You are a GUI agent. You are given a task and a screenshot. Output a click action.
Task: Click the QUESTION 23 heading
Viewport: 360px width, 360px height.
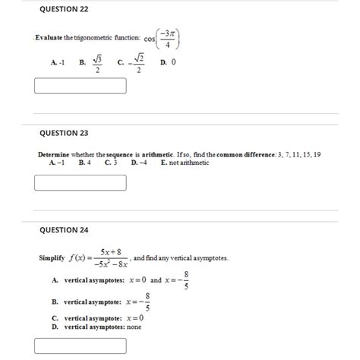tap(64, 132)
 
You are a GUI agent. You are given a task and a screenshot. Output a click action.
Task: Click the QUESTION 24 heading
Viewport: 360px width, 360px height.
tap(64, 229)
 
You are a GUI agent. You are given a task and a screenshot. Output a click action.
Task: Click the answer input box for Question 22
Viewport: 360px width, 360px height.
tap(81, 84)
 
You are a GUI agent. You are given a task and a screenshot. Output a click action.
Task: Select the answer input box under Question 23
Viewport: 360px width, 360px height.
tap(81, 182)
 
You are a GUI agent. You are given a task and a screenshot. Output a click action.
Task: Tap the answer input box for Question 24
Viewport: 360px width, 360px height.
tap(81, 346)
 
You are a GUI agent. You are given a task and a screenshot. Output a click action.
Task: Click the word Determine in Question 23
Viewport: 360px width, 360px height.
tap(55, 154)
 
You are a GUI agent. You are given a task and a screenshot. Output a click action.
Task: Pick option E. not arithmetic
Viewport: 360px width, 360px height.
tap(184, 163)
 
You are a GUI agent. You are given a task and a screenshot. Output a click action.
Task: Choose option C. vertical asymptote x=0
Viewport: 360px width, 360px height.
tap(99, 317)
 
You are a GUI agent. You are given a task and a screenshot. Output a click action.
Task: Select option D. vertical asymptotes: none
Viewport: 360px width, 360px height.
tap(97, 326)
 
